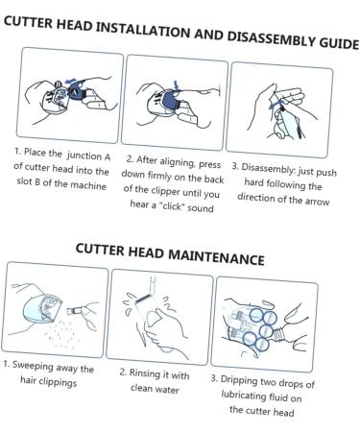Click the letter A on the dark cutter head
[75, 93]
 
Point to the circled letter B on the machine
[59, 84]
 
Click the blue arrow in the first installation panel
[71, 82]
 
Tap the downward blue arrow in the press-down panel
[176, 85]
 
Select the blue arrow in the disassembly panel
[276, 104]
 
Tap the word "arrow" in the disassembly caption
[317, 202]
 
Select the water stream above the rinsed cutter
[153, 285]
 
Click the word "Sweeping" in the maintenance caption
[33, 366]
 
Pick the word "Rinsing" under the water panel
[144, 373]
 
